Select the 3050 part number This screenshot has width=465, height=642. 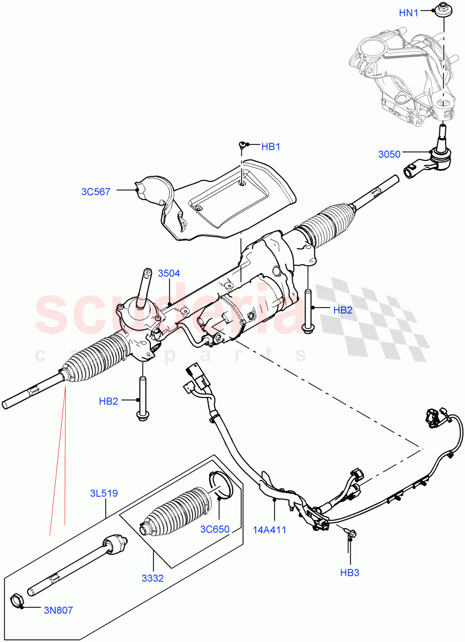[389, 154]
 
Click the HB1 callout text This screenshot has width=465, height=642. [271, 146]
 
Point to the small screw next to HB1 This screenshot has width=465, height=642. [242, 145]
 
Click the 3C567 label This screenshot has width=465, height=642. [97, 191]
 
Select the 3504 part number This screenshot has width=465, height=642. [169, 273]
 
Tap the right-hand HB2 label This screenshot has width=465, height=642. [343, 309]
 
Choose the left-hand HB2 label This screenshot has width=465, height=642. [109, 401]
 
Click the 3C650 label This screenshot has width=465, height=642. [215, 530]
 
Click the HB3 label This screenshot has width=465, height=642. [349, 573]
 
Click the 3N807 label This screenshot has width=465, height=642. [59, 609]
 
